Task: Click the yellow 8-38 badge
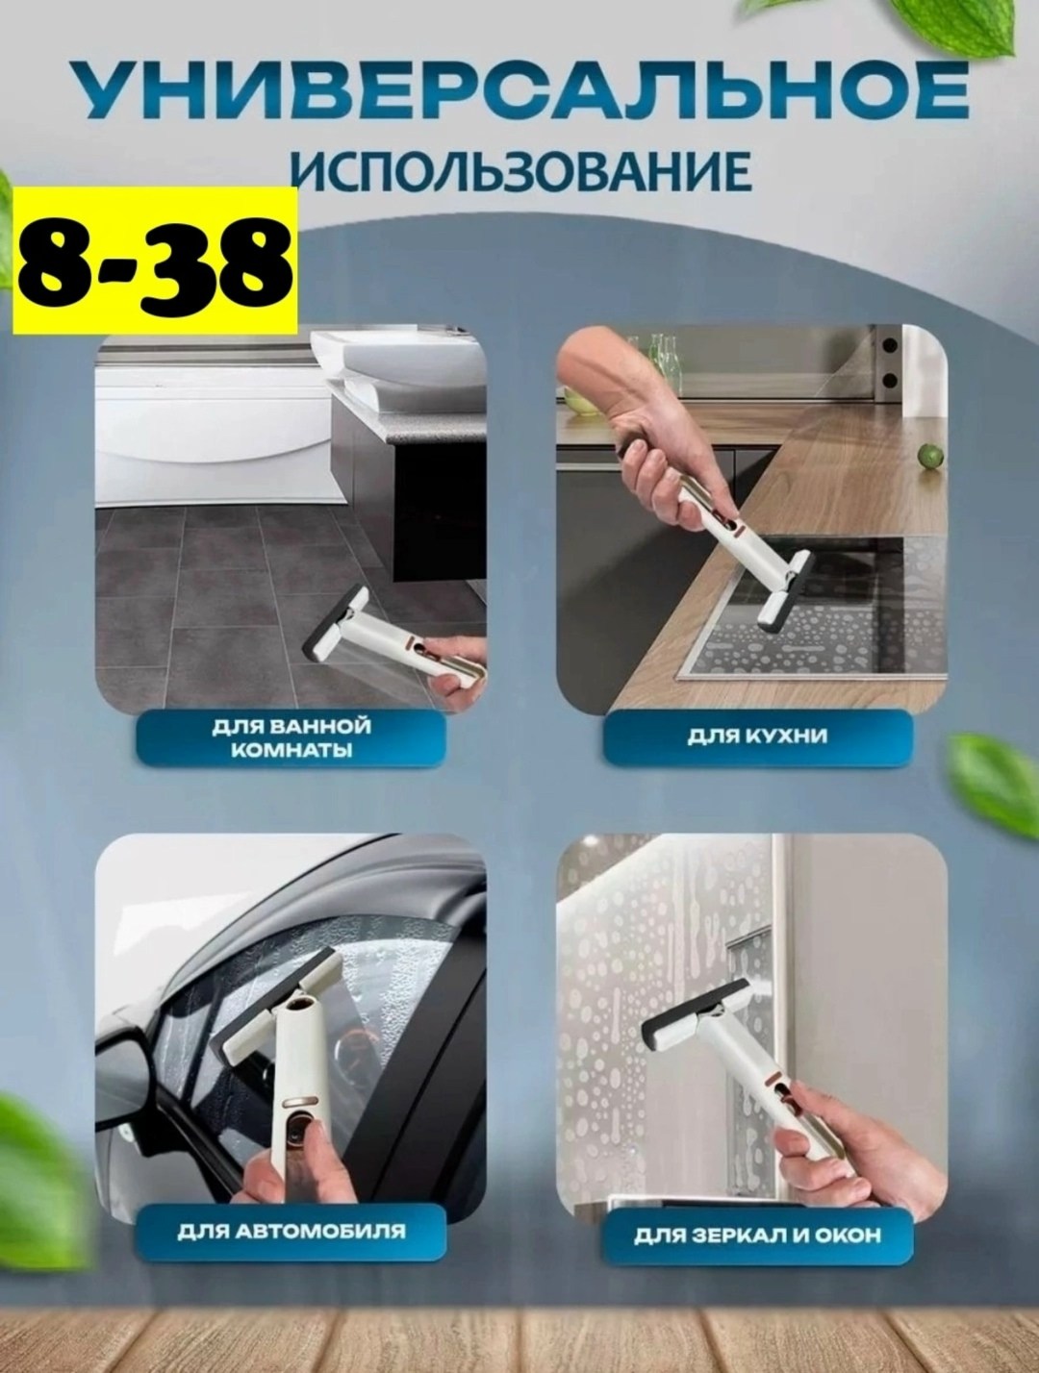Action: point(149,260)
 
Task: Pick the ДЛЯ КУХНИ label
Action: point(757,736)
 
